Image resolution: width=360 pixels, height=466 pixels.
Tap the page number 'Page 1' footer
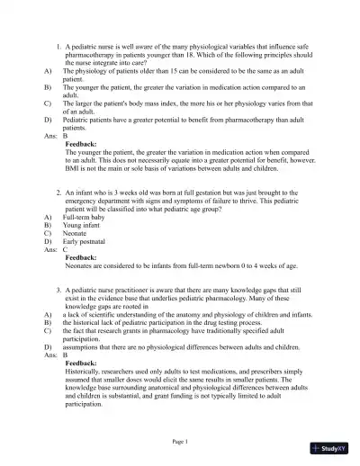pyautogui.click(x=180, y=442)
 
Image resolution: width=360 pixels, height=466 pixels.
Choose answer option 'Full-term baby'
pyautogui.click(x=86, y=217)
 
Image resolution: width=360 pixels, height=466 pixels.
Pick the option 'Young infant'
pyautogui.click(x=82, y=224)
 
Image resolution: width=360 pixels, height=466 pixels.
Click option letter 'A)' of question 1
pyautogui.click(x=47, y=69)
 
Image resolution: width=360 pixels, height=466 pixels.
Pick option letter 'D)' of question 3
pyautogui.click(x=47, y=345)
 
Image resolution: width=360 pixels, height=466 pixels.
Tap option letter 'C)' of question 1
pyautogui.click(x=47, y=103)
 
